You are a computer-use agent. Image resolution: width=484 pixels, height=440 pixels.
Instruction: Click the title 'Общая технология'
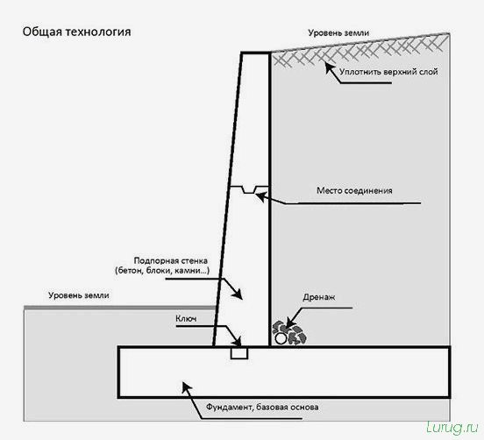coord(76,32)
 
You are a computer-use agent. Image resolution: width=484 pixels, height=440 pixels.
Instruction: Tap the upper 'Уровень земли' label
coord(338,32)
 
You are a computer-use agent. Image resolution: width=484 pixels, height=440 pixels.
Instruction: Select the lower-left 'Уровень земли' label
coord(79,295)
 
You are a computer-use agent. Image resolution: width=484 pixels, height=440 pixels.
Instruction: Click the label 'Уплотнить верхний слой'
coord(388,72)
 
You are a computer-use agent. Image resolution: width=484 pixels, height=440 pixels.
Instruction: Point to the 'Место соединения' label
coord(354,190)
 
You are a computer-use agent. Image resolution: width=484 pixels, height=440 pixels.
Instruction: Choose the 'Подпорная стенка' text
coord(171,260)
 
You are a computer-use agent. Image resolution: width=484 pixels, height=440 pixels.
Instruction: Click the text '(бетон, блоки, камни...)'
coord(162,271)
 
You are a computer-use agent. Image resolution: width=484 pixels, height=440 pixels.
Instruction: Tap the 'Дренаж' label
coord(319,297)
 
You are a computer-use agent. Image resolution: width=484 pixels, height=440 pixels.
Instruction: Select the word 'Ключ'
coord(186,318)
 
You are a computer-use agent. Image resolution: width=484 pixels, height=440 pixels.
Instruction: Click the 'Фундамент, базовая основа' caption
coord(262,407)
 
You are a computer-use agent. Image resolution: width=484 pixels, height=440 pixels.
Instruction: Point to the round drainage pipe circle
coord(281,338)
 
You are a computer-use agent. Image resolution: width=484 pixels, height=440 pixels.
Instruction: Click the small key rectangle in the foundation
coord(239,353)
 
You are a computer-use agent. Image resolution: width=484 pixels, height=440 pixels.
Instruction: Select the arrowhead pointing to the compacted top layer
coord(330,67)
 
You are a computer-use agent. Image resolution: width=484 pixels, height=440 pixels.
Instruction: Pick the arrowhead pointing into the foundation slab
coord(187,387)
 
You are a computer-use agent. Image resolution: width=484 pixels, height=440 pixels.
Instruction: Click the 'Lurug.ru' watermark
coord(452,428)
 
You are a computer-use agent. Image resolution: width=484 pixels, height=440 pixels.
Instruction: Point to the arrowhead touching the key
coord(238,342)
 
